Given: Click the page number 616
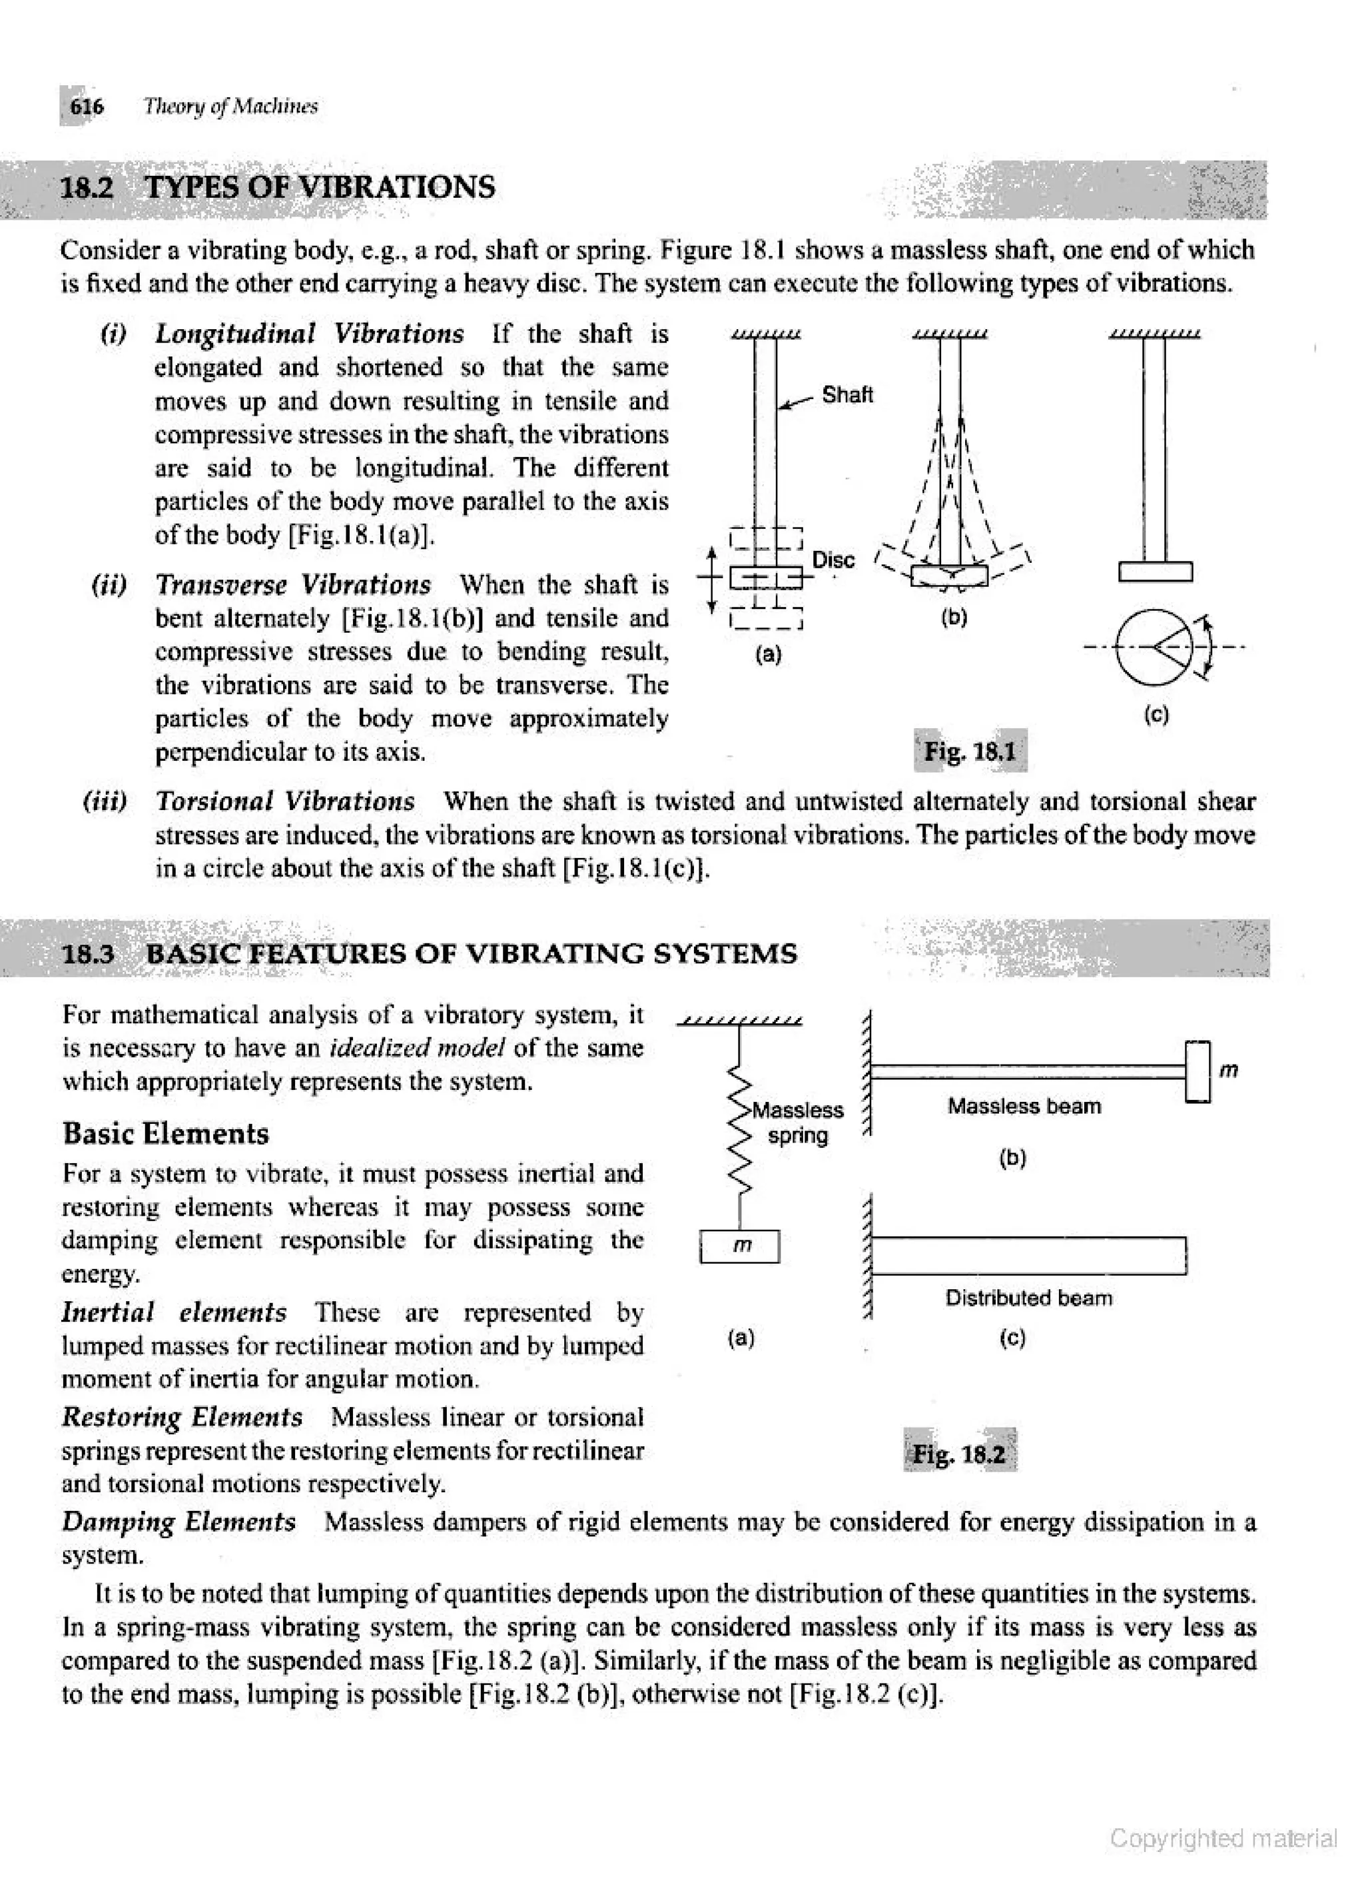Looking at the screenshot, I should click(86, 107).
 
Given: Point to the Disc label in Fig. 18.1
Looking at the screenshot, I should click(833, 560).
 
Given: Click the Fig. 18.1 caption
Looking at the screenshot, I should click(970, 751).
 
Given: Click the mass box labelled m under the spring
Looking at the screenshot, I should click(739, 1246).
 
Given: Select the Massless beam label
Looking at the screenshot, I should click(1024, 1107).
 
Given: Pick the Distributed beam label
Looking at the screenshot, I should click(1028, 1298).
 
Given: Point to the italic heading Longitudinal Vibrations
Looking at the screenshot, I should click(310, 334).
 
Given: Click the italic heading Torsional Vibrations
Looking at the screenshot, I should click(286, 801).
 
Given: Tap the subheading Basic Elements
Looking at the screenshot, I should click(166, 1134).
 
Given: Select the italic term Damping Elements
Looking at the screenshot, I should click(179, 1522).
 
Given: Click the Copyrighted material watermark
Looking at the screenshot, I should click(1223, 1837).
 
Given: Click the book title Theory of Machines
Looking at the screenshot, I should click(230, 107).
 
